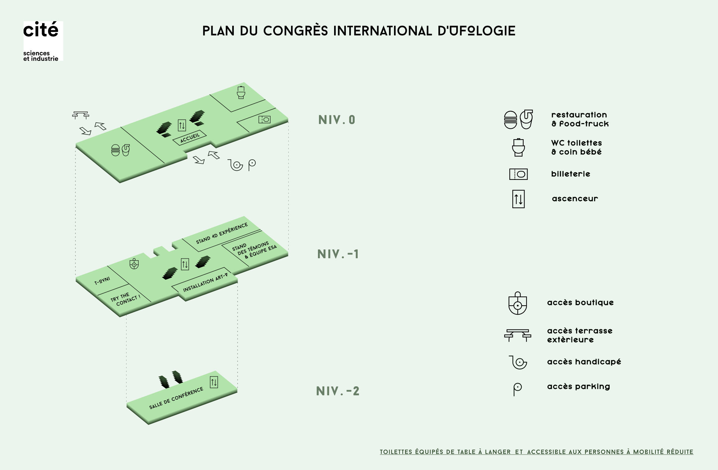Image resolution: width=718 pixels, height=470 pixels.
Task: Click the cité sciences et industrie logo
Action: coord(43,41)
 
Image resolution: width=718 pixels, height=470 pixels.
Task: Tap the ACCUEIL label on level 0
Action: coord(190,138)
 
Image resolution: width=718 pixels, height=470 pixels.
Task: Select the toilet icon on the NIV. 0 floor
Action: coord(241,92)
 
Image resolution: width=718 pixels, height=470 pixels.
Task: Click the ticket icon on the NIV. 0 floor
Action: coord(264,119)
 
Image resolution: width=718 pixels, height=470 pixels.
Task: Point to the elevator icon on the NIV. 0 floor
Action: coord(182,125)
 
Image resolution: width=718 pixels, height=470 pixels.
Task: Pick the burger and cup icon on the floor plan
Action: coord(120,150)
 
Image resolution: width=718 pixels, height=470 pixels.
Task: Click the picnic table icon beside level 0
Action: coord(81,115)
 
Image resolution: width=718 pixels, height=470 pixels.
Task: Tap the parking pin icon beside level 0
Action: coord(252,165)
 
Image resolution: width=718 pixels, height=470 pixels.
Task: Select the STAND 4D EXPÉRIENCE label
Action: coord(222,233)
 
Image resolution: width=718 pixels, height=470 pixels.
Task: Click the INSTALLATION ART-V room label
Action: coord(205,282)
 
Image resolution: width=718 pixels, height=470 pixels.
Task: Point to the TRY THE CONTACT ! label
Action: coord(125,299)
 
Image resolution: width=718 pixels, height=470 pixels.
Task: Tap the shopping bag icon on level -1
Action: coord(134,264)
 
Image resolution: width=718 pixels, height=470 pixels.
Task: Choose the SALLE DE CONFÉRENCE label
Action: coord(176,398)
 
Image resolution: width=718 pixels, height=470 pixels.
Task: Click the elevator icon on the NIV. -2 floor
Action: coord(214,382)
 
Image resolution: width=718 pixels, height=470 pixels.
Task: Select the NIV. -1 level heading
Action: coord(338,254)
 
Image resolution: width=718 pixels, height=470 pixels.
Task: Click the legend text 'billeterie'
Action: coord(571,174)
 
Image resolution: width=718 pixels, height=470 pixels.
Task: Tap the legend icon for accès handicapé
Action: coord(518,362)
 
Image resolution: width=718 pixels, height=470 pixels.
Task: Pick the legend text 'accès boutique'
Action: coord(580,303)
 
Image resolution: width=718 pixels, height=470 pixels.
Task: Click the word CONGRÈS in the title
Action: coord(295,31)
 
